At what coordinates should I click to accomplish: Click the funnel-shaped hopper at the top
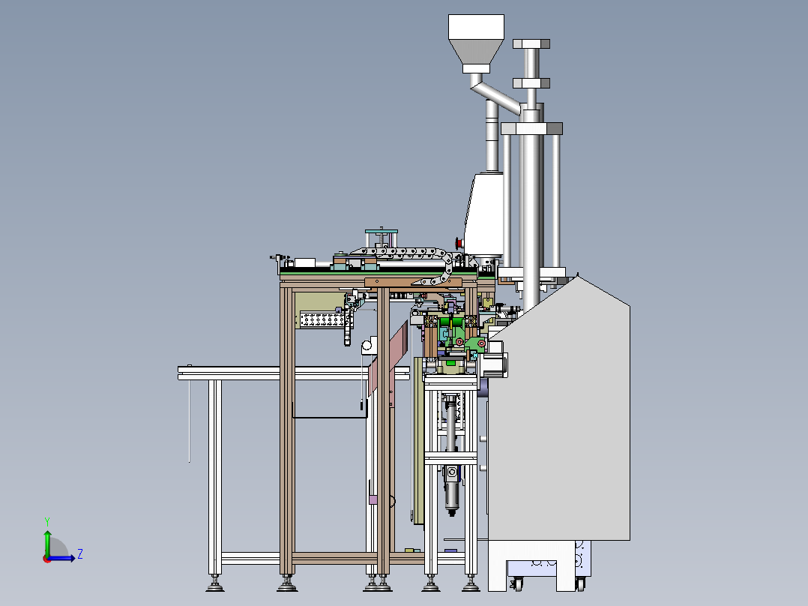475,40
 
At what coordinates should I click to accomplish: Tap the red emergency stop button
459,241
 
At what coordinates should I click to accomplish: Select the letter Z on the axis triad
79,554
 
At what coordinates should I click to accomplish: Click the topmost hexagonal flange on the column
531,43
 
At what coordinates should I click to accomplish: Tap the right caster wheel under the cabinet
579,583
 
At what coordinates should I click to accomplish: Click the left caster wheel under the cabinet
516,583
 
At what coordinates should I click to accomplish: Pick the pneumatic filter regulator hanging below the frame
451,487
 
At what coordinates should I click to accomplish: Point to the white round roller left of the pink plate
367,346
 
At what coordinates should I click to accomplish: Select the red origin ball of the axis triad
46,558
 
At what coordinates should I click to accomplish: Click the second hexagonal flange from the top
531,81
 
